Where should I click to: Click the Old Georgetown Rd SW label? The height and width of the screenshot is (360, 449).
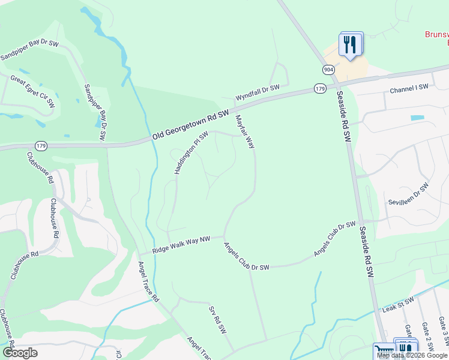point(191,125)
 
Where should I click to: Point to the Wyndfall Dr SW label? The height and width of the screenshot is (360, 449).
point(258,92)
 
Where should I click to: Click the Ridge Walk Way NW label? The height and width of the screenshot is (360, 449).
point(181,245)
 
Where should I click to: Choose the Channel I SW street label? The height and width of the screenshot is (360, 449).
point(409,88)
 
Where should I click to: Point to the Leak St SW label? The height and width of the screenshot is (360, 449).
point(398,304)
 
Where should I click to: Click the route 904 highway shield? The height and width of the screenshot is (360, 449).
point(328,70)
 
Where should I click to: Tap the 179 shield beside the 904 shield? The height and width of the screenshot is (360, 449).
point(320,89)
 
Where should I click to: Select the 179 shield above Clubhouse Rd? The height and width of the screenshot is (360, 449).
point(41,146)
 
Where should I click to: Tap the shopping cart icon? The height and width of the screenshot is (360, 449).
point(383,350)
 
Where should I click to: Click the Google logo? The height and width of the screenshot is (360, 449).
point(20,353)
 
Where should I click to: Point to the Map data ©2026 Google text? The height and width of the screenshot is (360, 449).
point(412,355)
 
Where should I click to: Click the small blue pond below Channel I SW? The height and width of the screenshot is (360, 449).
point(417,118)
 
